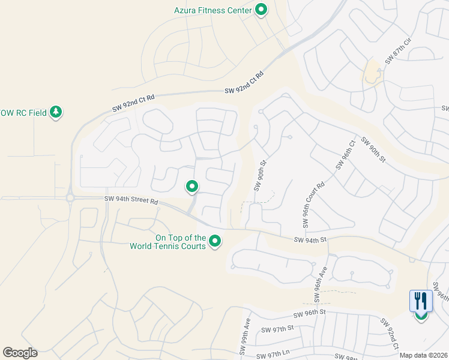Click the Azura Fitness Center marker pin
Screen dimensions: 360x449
(261, 10)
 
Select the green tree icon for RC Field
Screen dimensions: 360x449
(56, 112)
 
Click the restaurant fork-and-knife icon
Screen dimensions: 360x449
(420, 301)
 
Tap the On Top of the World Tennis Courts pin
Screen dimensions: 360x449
(215, 242)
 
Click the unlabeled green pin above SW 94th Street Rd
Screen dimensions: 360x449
(192, 187)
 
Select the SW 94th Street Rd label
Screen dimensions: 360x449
(131, 201)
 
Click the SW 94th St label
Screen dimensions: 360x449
(310, 240)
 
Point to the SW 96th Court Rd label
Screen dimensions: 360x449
(313, 205)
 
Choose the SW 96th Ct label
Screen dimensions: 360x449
(346, 154)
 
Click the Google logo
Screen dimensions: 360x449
(20, 353)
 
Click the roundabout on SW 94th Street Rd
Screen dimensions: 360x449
(70, 197)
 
